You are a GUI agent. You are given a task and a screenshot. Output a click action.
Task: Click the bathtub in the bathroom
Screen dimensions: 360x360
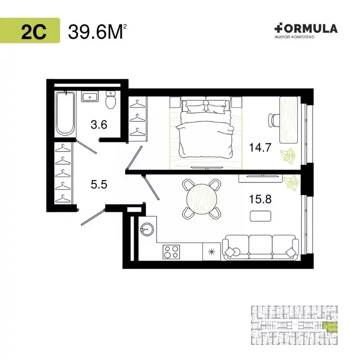65,114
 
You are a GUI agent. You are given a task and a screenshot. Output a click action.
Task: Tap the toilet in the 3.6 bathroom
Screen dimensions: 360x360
111,100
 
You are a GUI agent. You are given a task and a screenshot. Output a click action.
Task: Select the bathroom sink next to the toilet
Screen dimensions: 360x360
90,97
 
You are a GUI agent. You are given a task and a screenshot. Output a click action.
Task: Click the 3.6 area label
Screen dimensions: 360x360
99,125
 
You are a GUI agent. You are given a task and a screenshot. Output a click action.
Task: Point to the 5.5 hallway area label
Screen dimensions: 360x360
99,184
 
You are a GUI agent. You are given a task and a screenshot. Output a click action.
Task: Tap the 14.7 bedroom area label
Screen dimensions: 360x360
260,147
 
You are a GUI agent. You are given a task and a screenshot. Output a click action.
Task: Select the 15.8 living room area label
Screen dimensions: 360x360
260,199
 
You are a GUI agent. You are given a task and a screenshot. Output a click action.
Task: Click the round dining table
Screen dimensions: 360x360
202,199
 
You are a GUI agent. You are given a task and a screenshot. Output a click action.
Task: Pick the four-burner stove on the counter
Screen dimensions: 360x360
171,252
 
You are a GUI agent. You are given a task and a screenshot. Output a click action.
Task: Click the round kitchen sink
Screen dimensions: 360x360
147,229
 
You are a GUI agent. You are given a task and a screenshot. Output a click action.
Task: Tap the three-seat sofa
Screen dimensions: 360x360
261,247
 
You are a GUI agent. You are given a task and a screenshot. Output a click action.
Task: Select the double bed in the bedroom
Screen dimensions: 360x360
206,127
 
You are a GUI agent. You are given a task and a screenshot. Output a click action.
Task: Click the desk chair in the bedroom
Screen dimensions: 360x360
273,120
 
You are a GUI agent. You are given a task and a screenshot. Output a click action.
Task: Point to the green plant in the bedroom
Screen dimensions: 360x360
287,156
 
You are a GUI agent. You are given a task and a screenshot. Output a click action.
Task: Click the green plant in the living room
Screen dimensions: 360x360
292,183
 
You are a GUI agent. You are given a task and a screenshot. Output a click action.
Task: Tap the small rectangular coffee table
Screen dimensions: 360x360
260,216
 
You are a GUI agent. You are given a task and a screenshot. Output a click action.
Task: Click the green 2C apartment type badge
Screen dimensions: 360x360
30,30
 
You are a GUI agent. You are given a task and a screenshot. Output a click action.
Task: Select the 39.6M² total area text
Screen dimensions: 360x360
97,32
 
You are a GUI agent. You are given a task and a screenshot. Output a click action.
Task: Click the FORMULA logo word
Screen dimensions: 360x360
306,29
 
